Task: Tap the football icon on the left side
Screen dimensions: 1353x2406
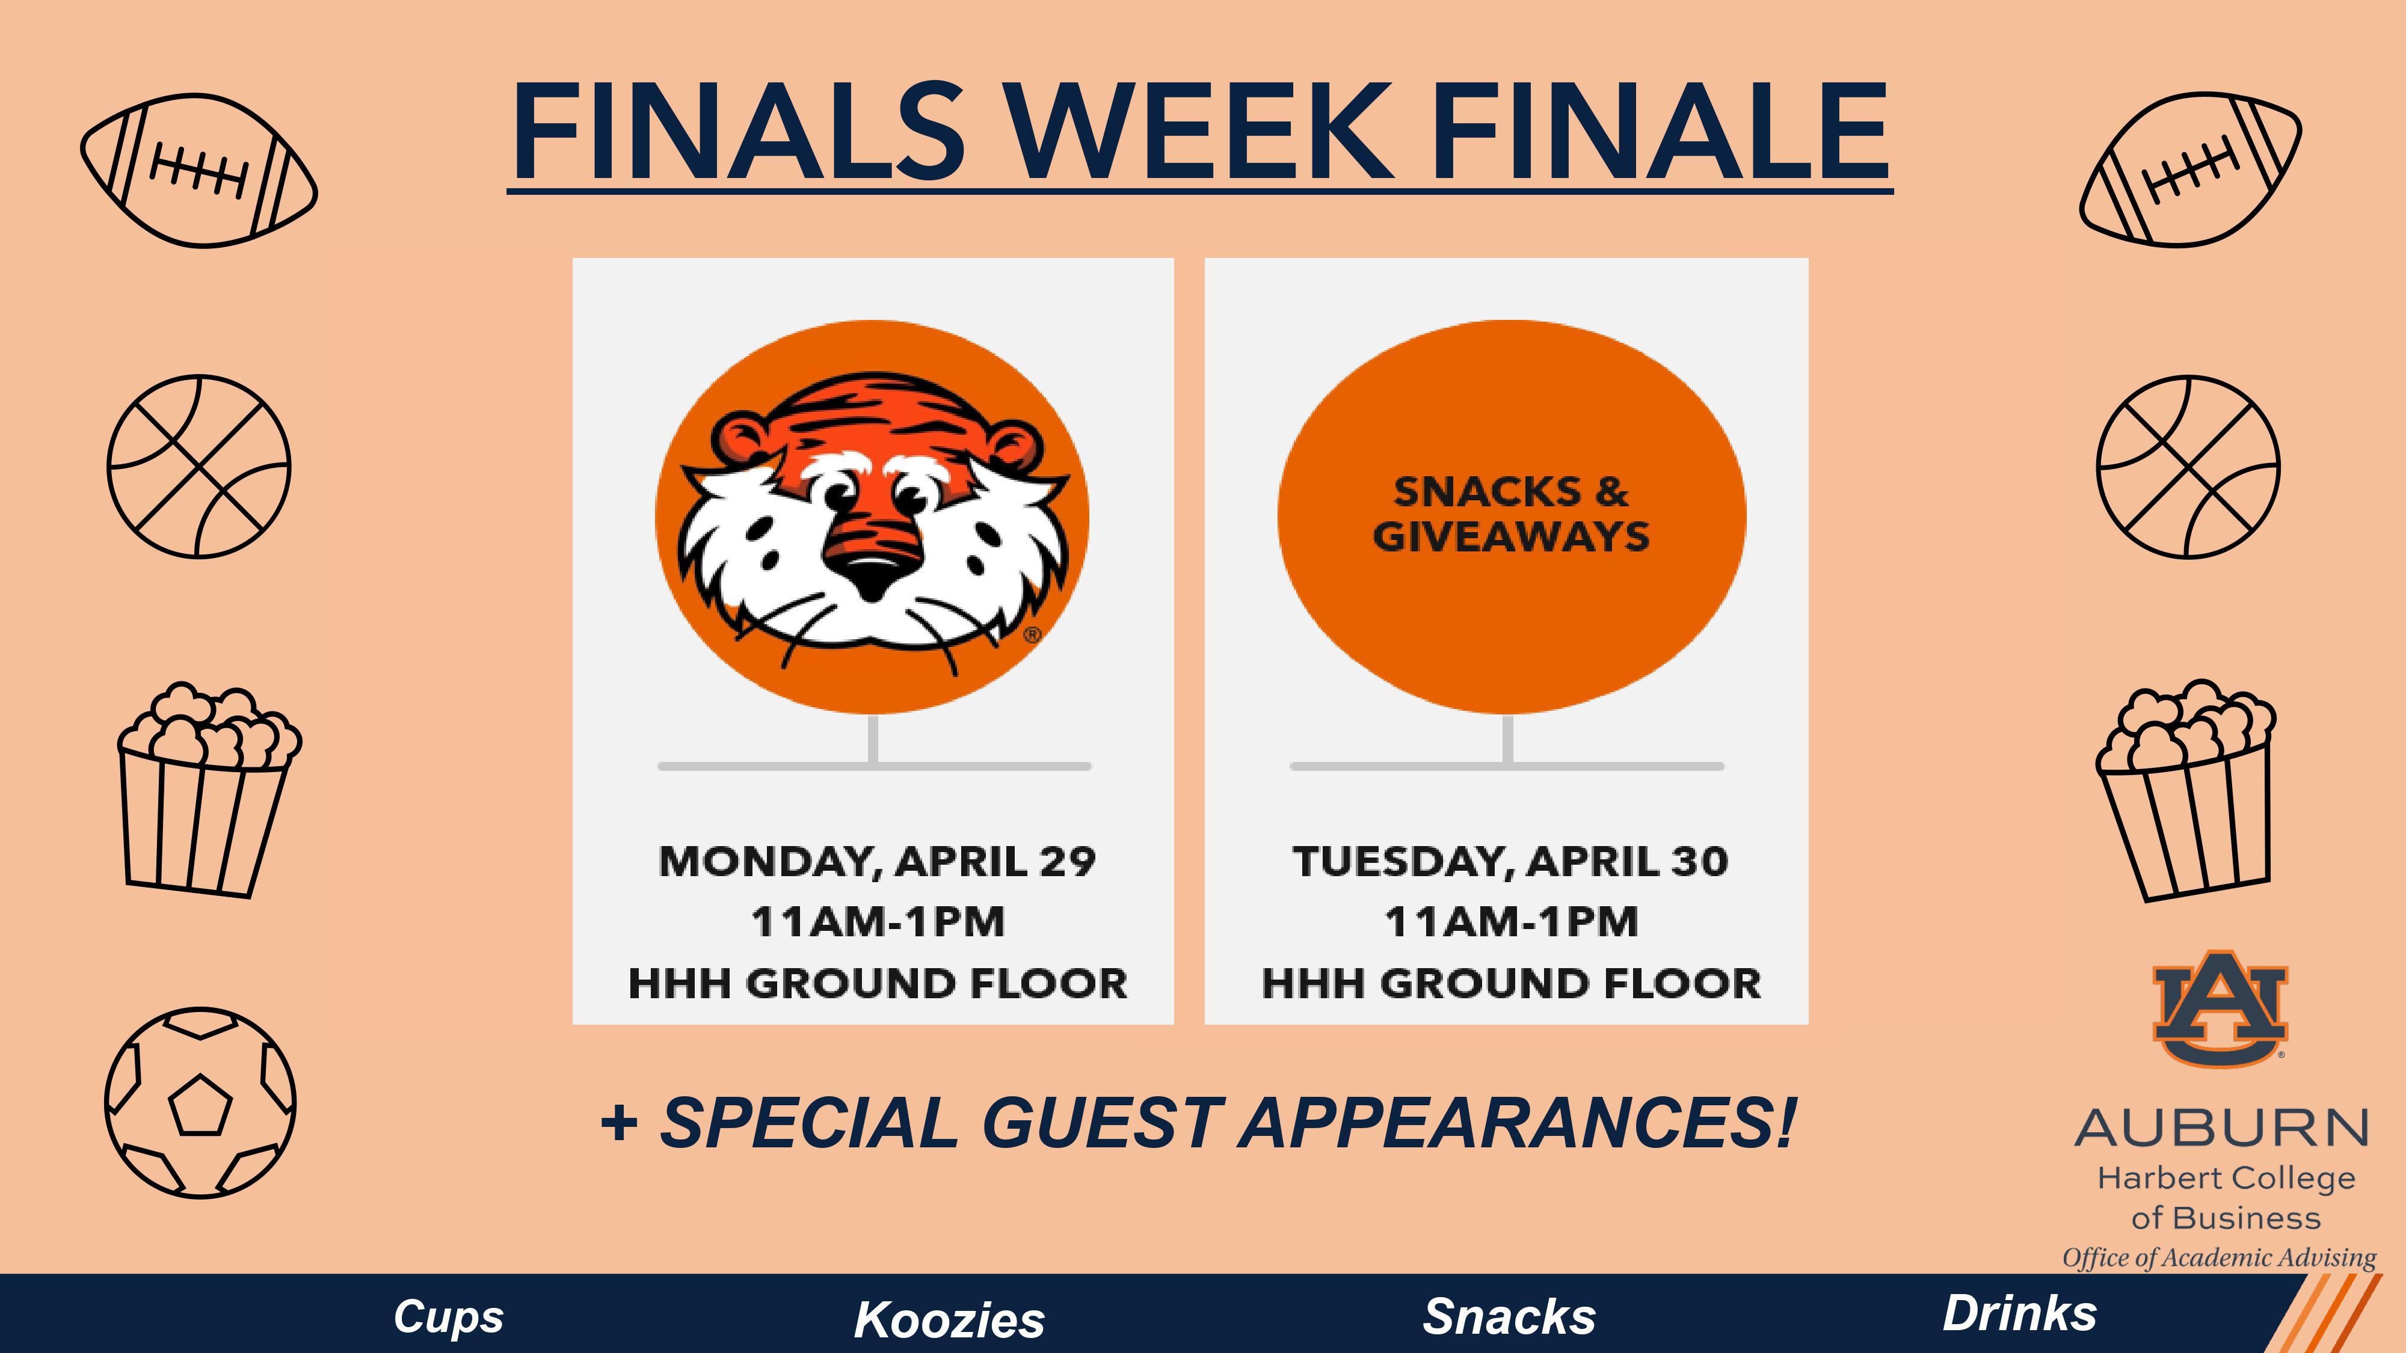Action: pos(199,170)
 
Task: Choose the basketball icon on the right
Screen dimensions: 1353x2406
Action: pos(2188,467)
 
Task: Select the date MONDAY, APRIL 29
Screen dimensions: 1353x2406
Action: pos(876,861)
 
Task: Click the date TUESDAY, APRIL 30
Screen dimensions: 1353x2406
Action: pos(1510,861)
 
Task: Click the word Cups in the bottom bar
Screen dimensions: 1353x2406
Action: pos(448,1316)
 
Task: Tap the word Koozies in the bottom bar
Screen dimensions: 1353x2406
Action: pos(949,1319)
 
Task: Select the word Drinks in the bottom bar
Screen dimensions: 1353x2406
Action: pos(2019,1314)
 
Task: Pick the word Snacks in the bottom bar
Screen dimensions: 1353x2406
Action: pos(1509,1316)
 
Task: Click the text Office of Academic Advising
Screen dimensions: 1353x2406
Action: pos(2219,1258)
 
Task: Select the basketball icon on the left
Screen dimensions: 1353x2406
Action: pos(199,467)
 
